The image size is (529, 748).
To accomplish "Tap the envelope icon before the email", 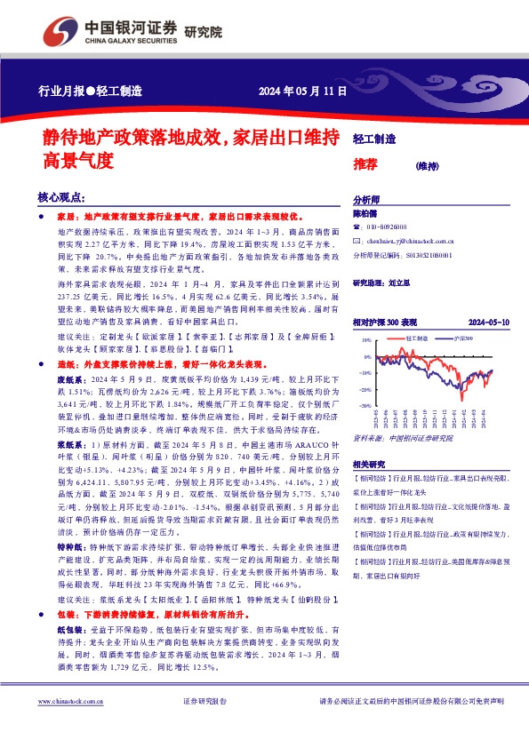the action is click(x=357, y=240).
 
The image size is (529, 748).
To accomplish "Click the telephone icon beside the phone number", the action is click(x=357, y=227).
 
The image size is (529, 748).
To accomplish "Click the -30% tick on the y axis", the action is click(x=364, y=405).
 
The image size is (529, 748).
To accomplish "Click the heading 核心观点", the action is click(x=60, y=198).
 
